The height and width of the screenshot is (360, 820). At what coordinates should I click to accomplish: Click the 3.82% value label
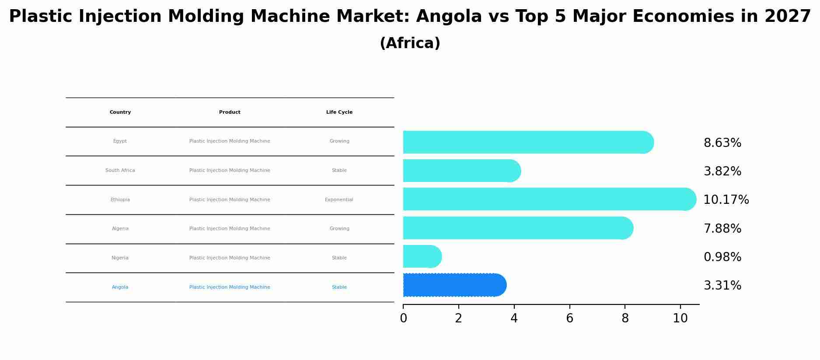[722, 171]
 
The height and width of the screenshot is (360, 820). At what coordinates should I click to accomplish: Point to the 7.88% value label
[722, 229]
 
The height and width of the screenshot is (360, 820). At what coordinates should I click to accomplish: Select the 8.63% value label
[722, 143]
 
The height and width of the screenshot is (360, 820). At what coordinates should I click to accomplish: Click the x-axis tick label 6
[569, 318]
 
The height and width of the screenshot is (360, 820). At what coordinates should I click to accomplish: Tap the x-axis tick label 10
[680, 318]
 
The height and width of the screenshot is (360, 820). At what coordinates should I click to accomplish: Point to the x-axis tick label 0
[403, 318]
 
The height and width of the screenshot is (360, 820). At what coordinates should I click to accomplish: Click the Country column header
[120, 112]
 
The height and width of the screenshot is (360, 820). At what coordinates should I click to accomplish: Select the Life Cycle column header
[339, 112]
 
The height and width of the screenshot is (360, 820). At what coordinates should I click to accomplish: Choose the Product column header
[230, 112]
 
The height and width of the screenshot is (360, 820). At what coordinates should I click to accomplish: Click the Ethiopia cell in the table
[120, 200]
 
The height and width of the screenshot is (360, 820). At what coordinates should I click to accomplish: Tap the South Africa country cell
[120, 171]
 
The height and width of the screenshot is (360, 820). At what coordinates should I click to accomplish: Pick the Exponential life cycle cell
[339, 200]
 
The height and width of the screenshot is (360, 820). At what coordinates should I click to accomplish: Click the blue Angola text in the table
[120, 287]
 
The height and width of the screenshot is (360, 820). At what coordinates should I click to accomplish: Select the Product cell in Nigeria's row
[230, 258]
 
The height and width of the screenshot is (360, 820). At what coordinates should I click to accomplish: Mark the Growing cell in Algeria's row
[339, 229]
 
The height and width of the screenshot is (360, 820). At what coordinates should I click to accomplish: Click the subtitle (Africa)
[410, 43]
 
